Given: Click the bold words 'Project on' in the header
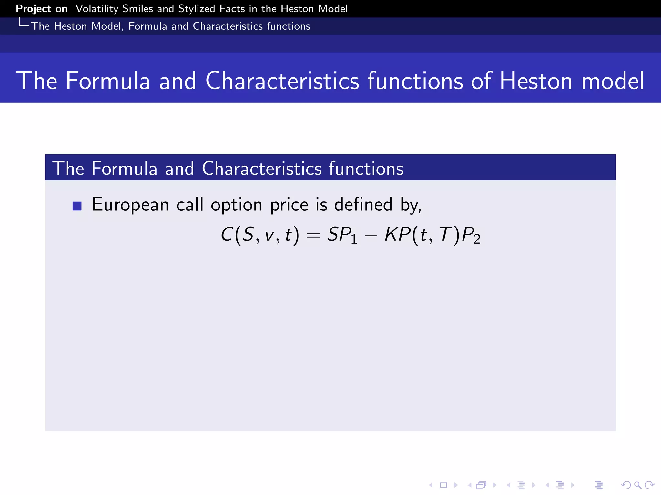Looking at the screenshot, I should (x=42, y=9).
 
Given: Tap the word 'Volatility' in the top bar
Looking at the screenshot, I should (x=97, y=9).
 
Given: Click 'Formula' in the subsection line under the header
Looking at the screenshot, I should (x=147, y=26).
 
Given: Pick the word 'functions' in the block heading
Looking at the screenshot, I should (x=366, y=168).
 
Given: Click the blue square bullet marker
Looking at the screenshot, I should (x=77, y=206).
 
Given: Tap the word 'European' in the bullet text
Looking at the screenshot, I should (x=130, y=205).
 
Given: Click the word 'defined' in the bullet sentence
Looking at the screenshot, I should (x=363, y=205).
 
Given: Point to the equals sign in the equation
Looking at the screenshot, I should (x=313, y=236).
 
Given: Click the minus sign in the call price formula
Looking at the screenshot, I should (x=371, y=236).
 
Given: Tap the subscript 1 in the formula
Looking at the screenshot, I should (x=354, y=239).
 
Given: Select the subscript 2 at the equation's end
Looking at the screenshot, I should (x=477, y=239).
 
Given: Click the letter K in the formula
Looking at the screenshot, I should (x=391, y=234).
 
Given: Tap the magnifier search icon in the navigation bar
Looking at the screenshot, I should (x=637, y=485).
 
